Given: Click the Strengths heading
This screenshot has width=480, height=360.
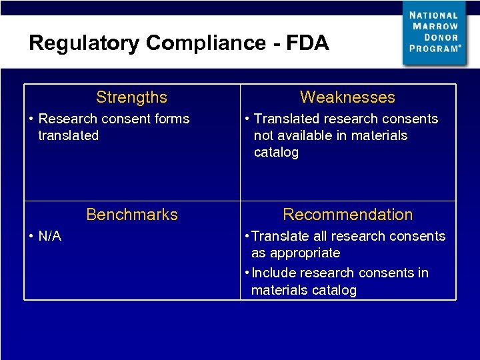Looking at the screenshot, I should pos(131,97).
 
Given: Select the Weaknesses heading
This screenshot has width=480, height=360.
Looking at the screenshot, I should pos(347,97).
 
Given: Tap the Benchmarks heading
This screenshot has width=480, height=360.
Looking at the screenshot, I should pos(132,215).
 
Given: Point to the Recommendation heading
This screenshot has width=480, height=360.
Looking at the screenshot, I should pos(347,215).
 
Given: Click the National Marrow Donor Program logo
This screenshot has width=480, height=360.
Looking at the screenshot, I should pos(434,33).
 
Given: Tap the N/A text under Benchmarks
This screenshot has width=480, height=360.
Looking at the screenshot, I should pos(50,236).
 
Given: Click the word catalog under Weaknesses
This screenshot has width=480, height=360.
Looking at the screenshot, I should pos(276,152).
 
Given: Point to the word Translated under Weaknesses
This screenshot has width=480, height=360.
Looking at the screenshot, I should pos(285,119).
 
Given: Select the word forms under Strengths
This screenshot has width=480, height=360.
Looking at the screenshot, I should pos(171,119).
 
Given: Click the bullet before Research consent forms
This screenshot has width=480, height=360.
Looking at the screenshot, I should pos(32,119).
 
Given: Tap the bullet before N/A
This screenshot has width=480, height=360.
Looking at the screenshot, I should pos(32,237).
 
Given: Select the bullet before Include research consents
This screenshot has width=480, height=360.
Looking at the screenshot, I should pos(247,273).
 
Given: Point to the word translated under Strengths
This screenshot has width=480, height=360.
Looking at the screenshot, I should pos(68,135).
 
